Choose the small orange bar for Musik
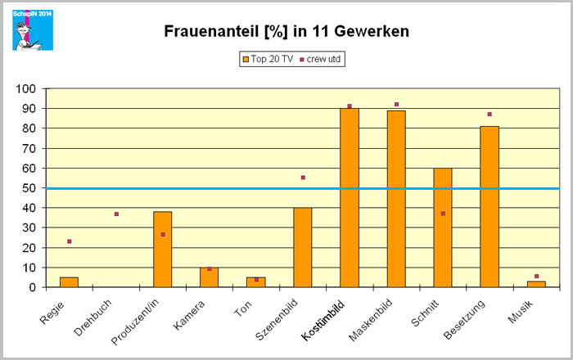536,284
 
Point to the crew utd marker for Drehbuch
116,214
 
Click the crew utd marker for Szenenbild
303,178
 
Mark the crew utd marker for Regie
70,241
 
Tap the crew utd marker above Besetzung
490,115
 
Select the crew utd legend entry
321,59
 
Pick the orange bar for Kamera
210,277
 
